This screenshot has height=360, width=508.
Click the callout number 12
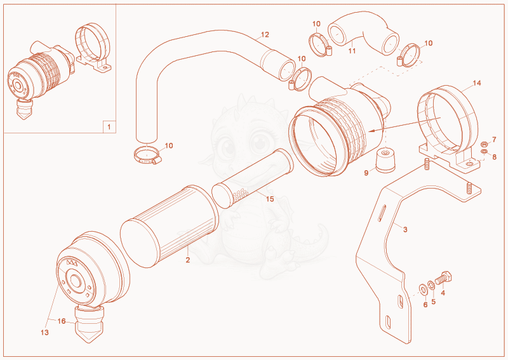265,35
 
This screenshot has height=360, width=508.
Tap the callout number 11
352,51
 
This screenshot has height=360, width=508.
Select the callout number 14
477,83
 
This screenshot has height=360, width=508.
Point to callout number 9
366,173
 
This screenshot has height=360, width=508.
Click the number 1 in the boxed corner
109,127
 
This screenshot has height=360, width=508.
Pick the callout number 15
270,199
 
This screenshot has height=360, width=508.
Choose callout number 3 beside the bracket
405,229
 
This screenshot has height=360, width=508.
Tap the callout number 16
62,321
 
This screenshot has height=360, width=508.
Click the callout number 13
44,333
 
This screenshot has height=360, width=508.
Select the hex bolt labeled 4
443,277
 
